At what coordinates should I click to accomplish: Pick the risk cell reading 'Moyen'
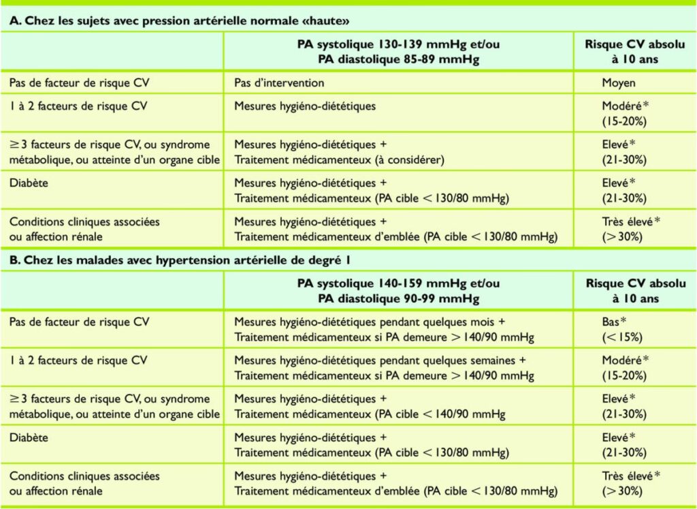pyautogui.click(x=619, y=82)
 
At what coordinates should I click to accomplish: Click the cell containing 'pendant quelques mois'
pyautogui.click(x=384, y=328)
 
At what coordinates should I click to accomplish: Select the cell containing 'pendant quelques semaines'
pyautogui.click(x=384, y=367)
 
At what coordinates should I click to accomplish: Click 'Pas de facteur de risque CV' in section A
pyautogui.click(x=79, y=82)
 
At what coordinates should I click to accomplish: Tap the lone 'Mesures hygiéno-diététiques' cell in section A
pyautogui.click(x=305, y=106)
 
